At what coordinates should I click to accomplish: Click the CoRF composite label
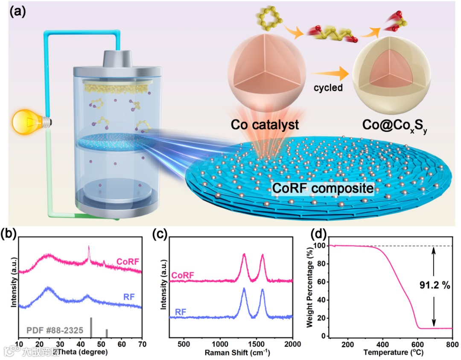tap(323, 187)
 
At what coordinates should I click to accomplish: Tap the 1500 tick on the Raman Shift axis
tap(256, 344)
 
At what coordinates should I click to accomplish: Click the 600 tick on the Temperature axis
tap(418, 344)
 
